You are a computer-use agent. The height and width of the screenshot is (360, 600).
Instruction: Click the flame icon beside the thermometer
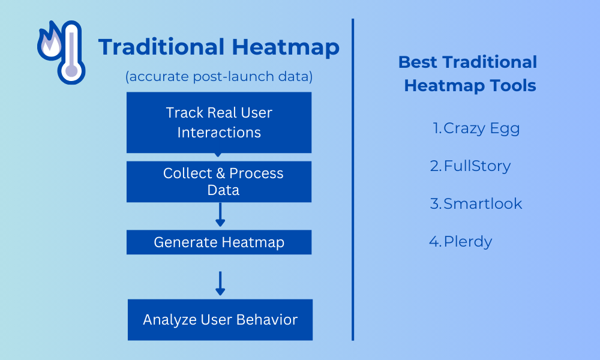(50, 41)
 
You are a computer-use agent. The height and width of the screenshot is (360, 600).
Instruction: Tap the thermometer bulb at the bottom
(71, 71)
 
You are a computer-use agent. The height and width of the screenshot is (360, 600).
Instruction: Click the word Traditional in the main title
(161, 47)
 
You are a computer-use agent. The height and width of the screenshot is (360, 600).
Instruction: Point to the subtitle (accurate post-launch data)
(219, 77)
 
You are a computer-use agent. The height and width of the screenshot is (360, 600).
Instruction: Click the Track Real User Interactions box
(219, 122)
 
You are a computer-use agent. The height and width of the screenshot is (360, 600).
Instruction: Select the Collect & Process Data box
(219, 182)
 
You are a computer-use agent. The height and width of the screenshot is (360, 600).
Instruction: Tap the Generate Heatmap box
(219, 242)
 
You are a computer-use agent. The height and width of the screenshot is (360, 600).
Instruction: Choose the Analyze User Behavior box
(220, 320)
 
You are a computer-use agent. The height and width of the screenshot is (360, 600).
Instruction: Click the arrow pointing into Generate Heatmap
(220, 215)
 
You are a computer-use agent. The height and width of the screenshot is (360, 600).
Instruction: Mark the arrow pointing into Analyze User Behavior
(220, 283)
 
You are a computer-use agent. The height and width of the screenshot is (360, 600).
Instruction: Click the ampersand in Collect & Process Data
(220, 173)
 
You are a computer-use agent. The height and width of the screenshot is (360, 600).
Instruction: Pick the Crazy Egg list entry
(476, 128)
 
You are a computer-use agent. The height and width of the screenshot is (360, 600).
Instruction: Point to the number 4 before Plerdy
(434, 241)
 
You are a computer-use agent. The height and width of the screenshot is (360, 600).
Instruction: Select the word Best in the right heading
(417, 62)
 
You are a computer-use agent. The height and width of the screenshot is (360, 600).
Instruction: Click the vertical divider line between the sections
(353, 179)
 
